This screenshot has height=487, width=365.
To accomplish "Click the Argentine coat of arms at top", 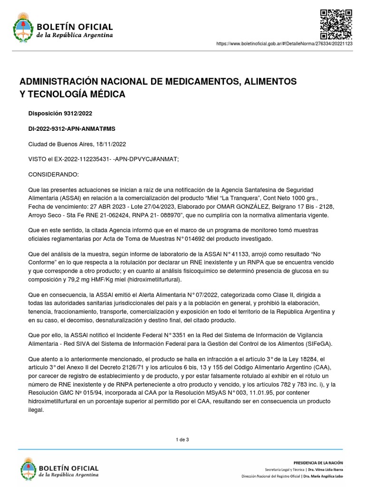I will coord(21,28).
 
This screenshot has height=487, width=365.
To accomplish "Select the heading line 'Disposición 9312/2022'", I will coord(61,113).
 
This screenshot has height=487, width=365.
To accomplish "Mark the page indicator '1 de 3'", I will coord(182,439).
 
